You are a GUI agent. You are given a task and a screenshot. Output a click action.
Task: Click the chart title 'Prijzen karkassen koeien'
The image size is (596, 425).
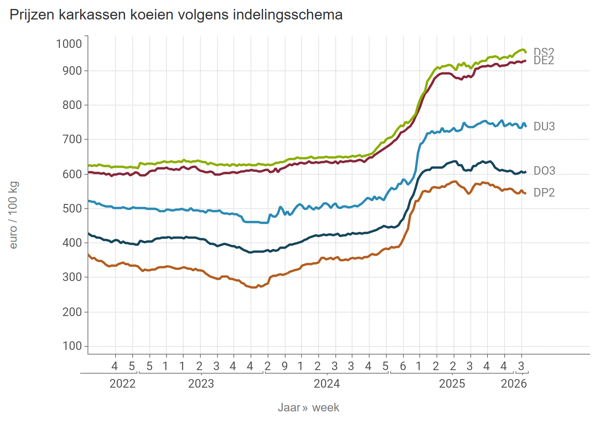tap(176, 15)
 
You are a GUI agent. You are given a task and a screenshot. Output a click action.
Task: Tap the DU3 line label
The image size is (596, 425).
tap(544, 126)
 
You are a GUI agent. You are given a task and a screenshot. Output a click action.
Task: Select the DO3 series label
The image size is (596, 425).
tap(544, 170)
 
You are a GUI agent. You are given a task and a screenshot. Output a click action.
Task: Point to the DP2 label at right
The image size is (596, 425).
tap(544, 192)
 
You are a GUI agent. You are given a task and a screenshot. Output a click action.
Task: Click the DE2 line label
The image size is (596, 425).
tap(544, 61)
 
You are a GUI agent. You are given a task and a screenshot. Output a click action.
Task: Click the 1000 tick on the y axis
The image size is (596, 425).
tap(69, 43)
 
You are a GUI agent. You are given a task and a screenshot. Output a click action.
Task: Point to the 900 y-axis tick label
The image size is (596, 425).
tap(72, 70)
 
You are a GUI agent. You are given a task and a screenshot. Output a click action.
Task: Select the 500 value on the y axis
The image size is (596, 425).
tap(72, 208)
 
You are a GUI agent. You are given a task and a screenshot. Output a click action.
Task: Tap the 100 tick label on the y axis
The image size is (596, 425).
tap(72, 346)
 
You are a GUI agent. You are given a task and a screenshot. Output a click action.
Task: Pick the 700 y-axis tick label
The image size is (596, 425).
tap(72, 139)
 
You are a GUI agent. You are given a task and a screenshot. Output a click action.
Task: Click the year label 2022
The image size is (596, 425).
tap(123, 384)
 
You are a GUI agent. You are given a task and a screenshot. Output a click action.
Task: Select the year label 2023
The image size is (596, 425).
tap(201, 384)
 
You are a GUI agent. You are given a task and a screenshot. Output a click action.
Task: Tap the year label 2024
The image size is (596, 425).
tap(327, 384)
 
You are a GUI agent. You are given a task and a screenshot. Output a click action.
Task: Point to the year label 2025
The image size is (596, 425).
tap(452, 384)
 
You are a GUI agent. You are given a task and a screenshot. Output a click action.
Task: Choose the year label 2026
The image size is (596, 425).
tap(514, 384)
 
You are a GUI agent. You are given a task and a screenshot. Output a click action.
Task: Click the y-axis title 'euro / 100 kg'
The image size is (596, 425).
tap(13, 215)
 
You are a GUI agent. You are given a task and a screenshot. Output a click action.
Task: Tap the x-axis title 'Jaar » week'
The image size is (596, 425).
tap(309, 407)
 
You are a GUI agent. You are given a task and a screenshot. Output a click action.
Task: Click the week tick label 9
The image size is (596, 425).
tap(285, 366)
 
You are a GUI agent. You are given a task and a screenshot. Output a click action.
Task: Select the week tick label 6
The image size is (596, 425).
tap(403, 366)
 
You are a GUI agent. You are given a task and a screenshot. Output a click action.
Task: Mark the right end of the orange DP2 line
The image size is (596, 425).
tap(526, 193)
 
